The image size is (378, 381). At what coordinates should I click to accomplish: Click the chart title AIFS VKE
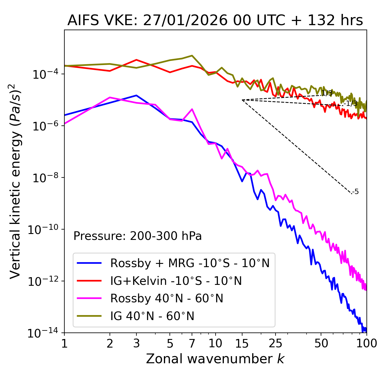(x=215, y=21)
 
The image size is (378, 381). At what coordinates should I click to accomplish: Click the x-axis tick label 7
(x=192, y=343)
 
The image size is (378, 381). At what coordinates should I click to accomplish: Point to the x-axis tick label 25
(x=275, y=343)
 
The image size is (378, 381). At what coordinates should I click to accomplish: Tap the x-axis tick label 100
(x=366, y=343)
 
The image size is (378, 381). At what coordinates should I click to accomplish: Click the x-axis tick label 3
(x=136, y=343)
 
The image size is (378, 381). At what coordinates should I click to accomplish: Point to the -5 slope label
(x=356, y=192)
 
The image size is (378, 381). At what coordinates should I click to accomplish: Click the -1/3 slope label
(x=351, y=104)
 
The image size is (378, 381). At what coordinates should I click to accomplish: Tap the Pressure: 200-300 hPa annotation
(x=137, y=236)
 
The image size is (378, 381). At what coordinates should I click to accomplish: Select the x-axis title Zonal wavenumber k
(x=215, y=359)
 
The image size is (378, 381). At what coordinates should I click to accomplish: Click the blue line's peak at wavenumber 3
(x=136, y=95)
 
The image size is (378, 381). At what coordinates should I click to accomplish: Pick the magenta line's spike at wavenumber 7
(x=192, y=109)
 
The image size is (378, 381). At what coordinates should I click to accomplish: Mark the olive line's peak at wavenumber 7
(x=192, y=56)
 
